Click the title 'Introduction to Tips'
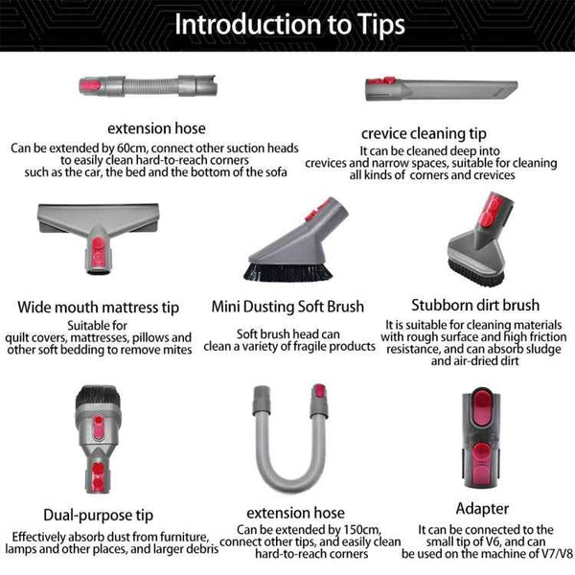click(x=287, y=23)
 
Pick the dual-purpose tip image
click(x=96, y=430)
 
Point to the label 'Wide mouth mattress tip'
click(x=99, y=308)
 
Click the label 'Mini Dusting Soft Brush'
click(x=287, y=308)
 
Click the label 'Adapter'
click(x=482, y=508)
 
